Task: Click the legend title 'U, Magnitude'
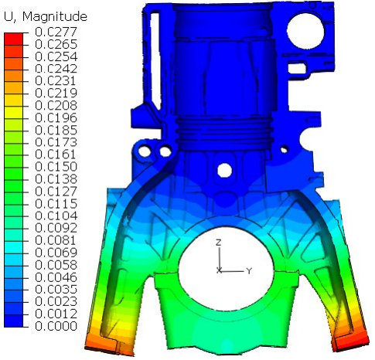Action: [x=46, y=16]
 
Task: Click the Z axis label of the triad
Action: [x=220, y=243]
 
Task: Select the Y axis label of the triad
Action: [x=249, y=271]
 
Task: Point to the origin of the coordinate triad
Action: [x=220, y=270]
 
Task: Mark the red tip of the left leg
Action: [x=98, y=341]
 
